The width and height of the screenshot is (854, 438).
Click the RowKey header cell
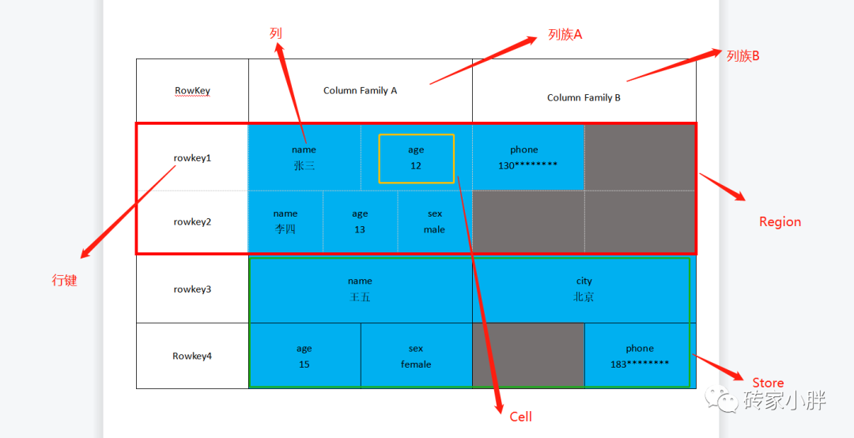[x=192, y=90]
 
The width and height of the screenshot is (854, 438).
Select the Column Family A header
[x=360, y=90]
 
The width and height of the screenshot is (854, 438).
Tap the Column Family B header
[x=584, y=97]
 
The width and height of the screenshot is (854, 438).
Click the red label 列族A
[x=565, y=35]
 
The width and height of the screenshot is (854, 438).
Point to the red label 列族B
[x=743, y=55]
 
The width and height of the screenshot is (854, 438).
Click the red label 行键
[x=65, y=280]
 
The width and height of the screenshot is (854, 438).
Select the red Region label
[x=780, y=222]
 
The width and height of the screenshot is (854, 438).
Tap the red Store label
[x=768, y=383]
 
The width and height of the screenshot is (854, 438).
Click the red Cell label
[x=520, y=417]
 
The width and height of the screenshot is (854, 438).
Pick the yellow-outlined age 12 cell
[x=416, y=158]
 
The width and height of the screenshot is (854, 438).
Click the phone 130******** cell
[x=527, y=157]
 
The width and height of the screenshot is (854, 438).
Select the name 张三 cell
[x=304, y=157]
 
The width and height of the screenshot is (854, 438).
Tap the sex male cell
[x=434, y=221]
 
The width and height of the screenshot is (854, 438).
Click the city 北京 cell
[x=584, y=289]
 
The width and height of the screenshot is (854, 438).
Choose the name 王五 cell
[x=360, y=289]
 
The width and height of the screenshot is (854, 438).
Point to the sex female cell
[x=416, y=356]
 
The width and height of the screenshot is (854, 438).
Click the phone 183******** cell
[x=639, y=356]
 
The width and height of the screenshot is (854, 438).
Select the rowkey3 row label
[x=192, y=289]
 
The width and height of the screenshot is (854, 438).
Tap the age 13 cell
[x=360, y=221]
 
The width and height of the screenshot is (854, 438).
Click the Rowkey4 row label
[x=192, y=356]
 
